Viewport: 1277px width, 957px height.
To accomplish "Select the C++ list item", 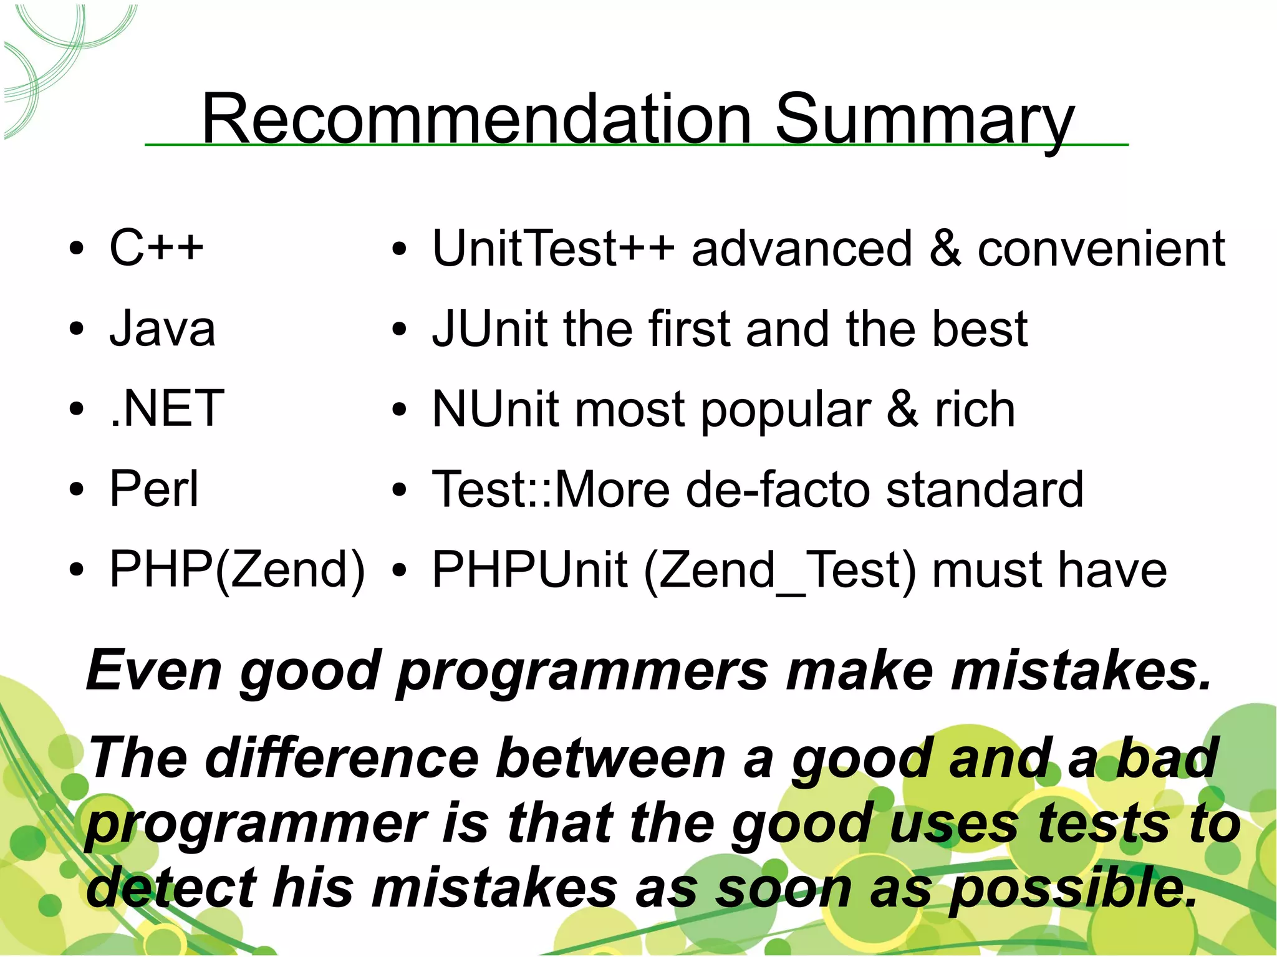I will coord(156,248).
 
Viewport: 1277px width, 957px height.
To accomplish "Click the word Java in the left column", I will coord(162,329).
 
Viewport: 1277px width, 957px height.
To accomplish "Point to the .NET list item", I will coord(166,408).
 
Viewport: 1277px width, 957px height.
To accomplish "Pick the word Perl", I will coord(153,489).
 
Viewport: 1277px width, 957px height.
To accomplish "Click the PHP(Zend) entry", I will coord(237,569).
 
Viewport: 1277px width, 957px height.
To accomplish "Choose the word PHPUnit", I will coord(529,569).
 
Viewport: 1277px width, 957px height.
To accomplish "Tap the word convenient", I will coord(1101,249).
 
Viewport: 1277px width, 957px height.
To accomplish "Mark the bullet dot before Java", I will coord(76,329).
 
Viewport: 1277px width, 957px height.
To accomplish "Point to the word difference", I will coord(342,758).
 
